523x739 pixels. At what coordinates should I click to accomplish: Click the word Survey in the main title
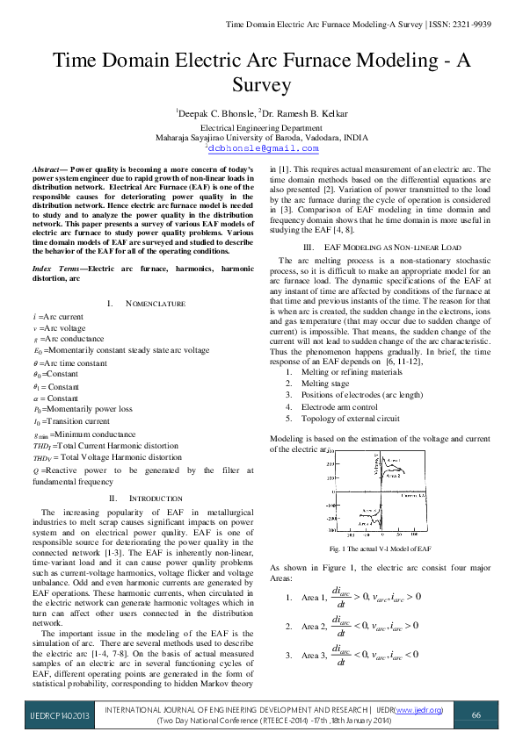tap(261, 85)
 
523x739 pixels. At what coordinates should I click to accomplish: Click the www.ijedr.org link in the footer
tap(419, 708)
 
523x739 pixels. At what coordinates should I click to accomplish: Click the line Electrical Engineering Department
tap(261, 127)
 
